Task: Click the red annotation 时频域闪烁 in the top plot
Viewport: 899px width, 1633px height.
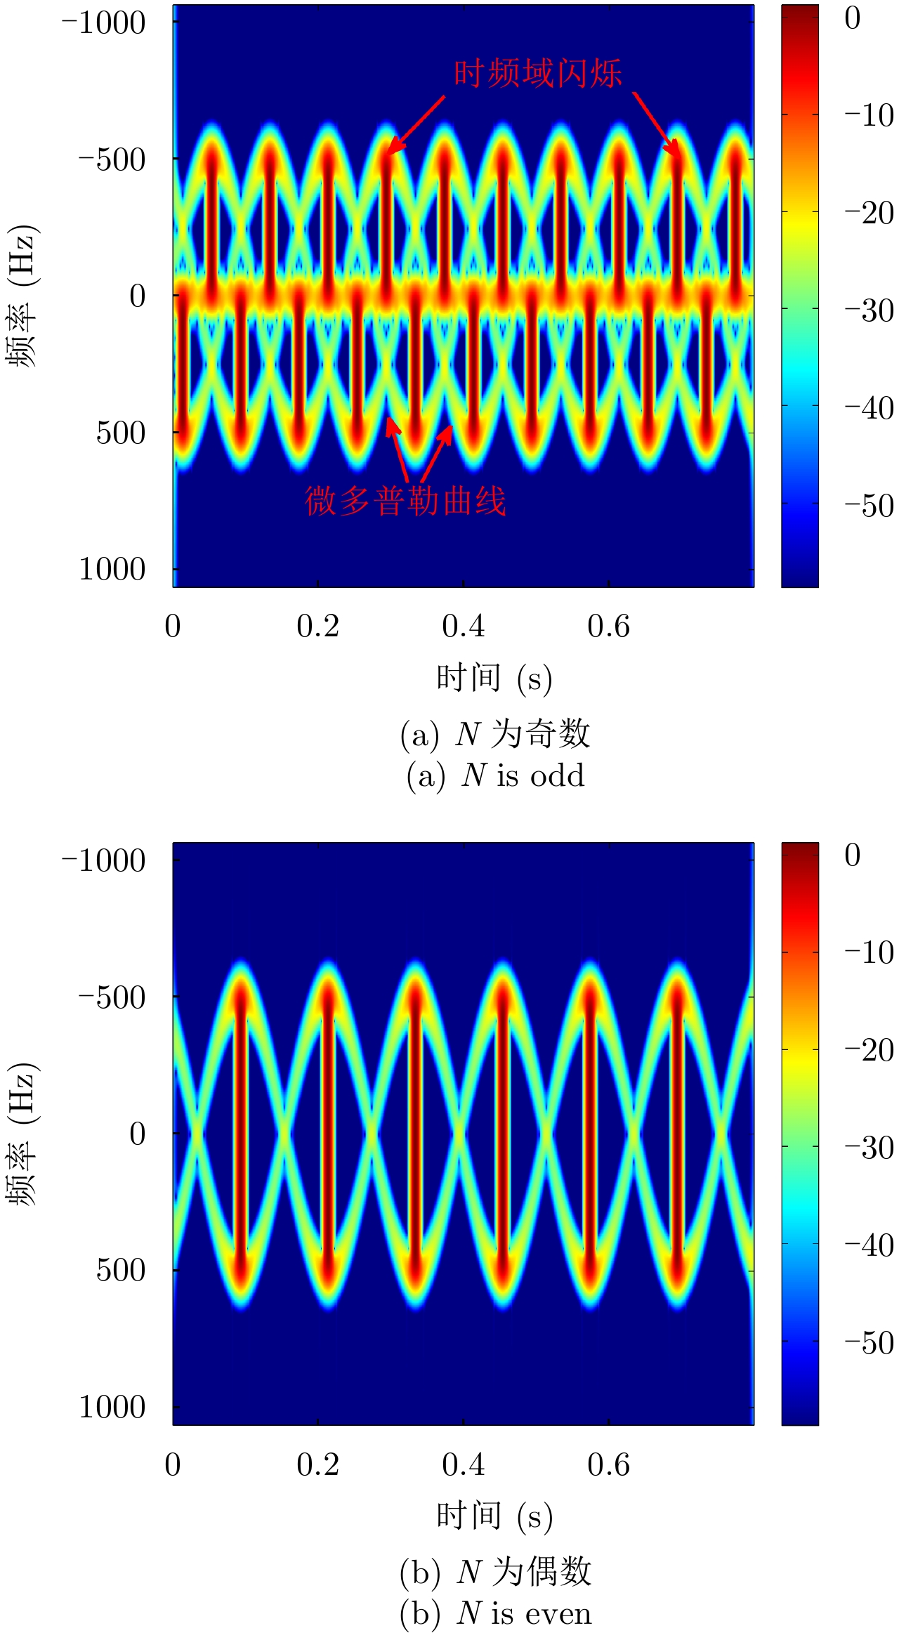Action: [537, 74]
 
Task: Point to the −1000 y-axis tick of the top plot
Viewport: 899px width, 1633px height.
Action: [104, 23]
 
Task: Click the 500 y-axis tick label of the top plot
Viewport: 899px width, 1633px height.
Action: [121, 433]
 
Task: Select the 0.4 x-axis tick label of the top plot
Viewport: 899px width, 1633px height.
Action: [463, 627]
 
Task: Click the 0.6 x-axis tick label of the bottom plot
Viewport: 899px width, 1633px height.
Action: [608, 1464]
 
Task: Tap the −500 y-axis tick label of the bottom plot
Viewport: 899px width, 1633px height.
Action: [112, 997]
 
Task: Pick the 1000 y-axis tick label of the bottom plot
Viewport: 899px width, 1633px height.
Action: [112, 1407]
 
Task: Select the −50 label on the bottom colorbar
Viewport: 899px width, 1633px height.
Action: [869, 1343]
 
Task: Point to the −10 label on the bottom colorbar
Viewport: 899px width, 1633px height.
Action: [869, 952]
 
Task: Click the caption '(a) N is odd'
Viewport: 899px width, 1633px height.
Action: [495, 775]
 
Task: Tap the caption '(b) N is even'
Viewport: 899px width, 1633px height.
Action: [495, 1613]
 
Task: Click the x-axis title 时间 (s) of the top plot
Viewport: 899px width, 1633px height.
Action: [494, 678]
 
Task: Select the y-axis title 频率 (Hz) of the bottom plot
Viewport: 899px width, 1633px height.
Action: [22, 1134]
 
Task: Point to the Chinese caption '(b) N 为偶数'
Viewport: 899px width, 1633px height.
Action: [495, 1572]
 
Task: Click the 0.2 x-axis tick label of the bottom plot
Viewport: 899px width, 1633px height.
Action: [317, 1464]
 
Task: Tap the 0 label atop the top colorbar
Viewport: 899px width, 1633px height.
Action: [853, 19]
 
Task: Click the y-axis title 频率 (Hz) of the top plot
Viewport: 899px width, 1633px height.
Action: [22, 296]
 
